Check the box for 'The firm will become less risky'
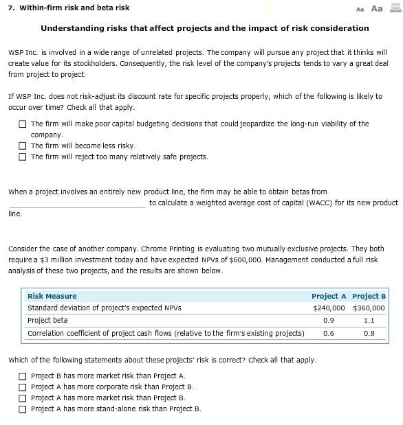tap(23, 146)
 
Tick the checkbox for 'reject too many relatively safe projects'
tap(23, 157)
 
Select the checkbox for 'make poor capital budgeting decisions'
tap(23, 124)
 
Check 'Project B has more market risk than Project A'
tap(23, 376)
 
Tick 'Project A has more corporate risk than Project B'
tap(23, 387)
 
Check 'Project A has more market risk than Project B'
tap(23, 398)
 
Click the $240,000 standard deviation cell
tap(328, 308)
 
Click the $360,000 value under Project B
tap(369, 308)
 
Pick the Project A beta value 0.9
tap(328, 321)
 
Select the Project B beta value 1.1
tap(369, 321)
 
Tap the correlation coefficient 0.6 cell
tap(328, 334)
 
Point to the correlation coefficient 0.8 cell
tap(369, 334)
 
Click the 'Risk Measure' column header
tap(52, 297)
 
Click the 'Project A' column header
tap(328, 297)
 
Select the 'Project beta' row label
tap(47, 321)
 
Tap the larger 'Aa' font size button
tap(377, 8)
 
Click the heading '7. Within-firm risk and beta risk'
tap(66, 8)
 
